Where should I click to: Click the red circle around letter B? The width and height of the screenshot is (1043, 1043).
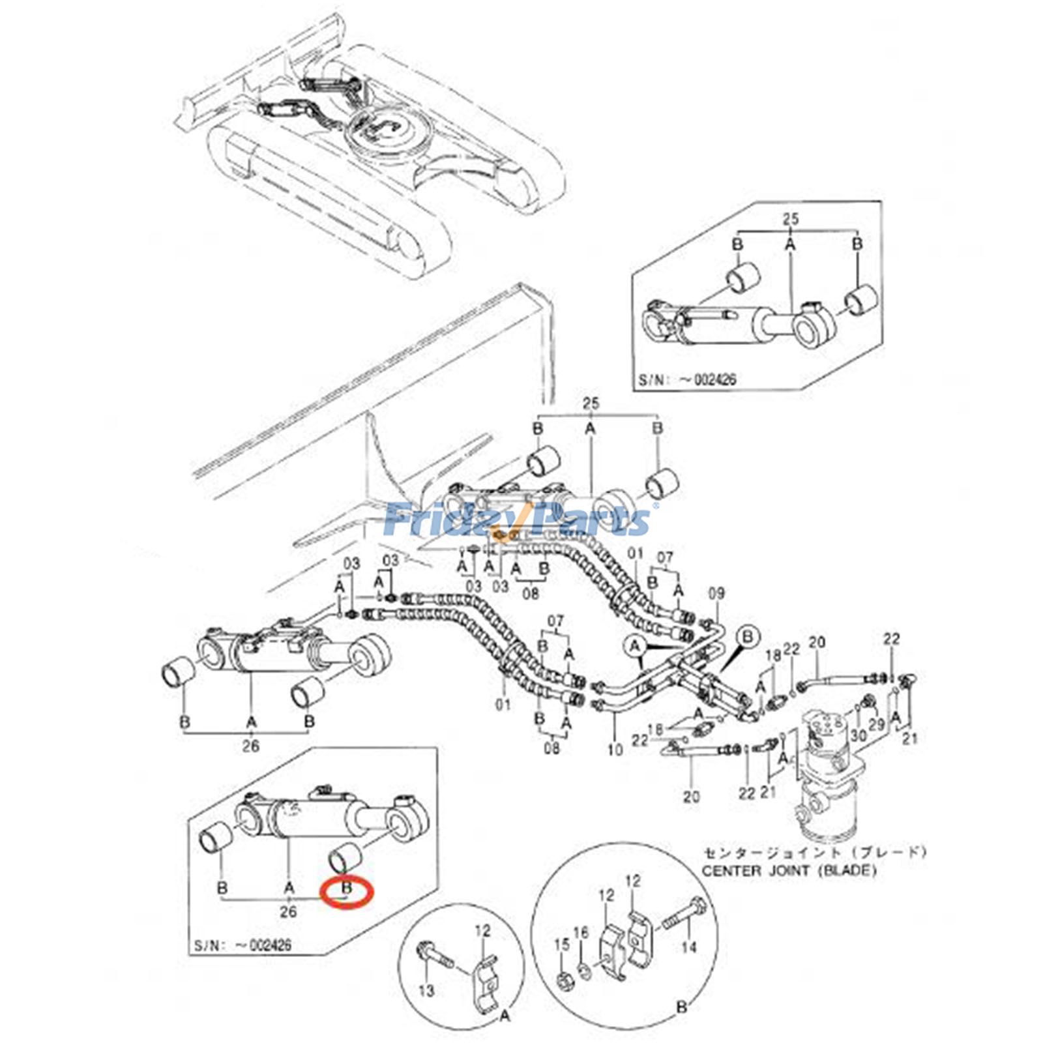347,891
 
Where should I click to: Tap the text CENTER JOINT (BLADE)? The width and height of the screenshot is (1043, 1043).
789,871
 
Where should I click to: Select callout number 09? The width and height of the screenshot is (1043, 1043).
716,594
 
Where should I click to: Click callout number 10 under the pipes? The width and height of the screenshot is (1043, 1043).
615,750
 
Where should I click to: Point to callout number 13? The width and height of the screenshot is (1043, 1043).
426,991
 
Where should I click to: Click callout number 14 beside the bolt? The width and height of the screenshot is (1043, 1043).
688,947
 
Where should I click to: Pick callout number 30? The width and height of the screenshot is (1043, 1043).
859,735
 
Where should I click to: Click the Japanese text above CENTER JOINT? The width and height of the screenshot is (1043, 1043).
813,852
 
